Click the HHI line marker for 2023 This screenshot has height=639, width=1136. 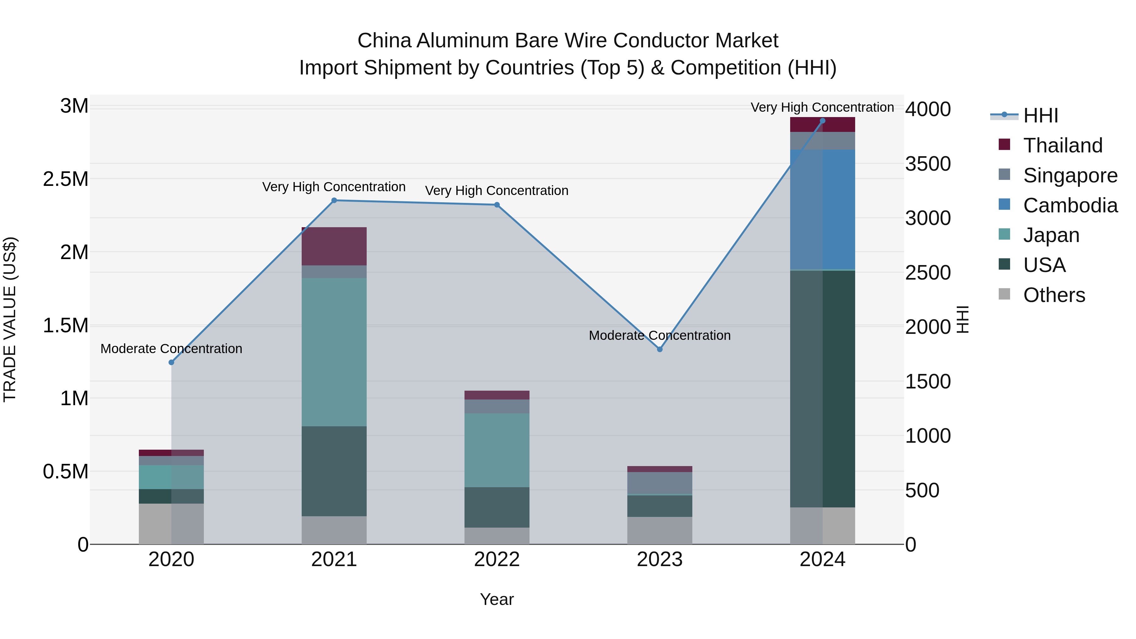pyautogui.click(x=660, y=349)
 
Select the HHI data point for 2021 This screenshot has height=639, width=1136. pyautogui.click(x=334, y=201)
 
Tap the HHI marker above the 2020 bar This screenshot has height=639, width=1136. pyautogui.click(x=172, y=363)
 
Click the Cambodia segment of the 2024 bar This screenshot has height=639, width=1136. pyautogui.click(x=822, y=210)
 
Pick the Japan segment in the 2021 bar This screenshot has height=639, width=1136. pyautogui.click(x=334, y=352)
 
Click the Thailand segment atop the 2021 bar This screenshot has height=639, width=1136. pyautogui.click(x=334, y=246)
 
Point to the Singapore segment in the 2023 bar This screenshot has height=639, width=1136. pyautogui.click(x=660, y=483)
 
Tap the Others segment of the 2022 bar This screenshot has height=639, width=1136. pyautogui.click(x=497, y=536)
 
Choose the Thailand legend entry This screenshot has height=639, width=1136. pyautogui.click(x=1063, y=145)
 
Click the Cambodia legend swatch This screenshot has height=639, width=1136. pyautogui.click(x=1004, y=204)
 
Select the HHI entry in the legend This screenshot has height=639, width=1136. pyautogui.click(x=1041, y=115)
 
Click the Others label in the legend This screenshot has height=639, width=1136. pyautogui.click(x=1054, y=295)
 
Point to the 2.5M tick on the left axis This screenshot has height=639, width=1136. pyautogui.click(x=66, y=179)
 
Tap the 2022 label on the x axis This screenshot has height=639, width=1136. pyautogui.click(x=497, y=559)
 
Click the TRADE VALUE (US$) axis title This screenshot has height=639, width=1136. pyautogui.click(x=10, y=319)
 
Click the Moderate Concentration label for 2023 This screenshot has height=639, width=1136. pyautogui.click(x=660, y=336)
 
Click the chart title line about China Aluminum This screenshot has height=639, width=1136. pyautogui.click(x=568, y=41)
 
